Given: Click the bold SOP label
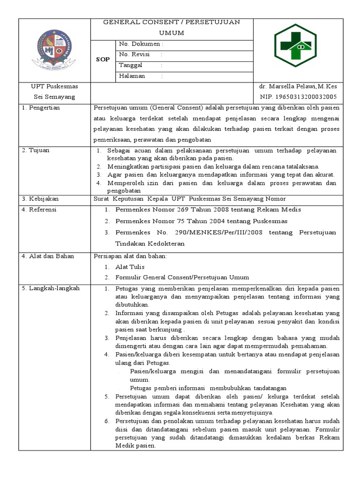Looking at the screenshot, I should (103, 60).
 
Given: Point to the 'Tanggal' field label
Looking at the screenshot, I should (131, 65).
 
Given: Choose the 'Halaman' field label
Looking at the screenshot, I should (132, 76).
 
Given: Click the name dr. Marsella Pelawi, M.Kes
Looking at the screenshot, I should (298, 87).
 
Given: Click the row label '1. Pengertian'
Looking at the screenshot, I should (41, 108).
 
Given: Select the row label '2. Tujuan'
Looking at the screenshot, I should (36, 150).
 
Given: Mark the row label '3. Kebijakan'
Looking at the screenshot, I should (40, 199).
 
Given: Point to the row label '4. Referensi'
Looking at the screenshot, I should (39, 210).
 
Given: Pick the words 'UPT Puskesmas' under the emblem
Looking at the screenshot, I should (54, 87).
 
